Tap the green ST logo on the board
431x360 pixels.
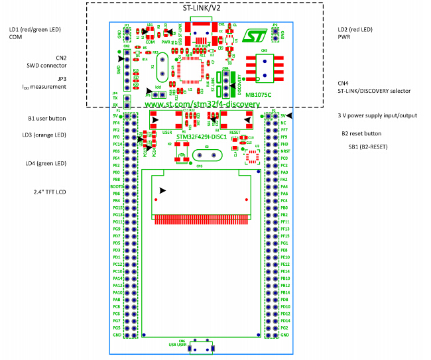(254, 38)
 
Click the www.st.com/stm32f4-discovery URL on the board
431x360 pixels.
(198, 105)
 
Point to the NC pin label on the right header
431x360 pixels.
(283, 123)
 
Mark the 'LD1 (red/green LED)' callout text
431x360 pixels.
(34, 30)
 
